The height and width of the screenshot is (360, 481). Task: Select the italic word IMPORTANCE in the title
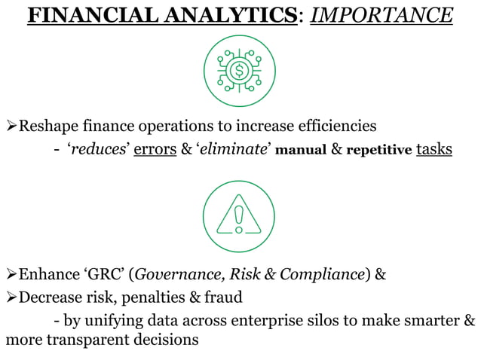coord(381,16)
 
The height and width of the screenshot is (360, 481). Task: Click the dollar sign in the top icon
coord(240,72)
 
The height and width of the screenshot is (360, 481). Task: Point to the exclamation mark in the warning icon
coord(240,218)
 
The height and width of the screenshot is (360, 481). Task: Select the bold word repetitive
coord(378,150)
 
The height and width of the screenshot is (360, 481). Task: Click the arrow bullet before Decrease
coord(11,297)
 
